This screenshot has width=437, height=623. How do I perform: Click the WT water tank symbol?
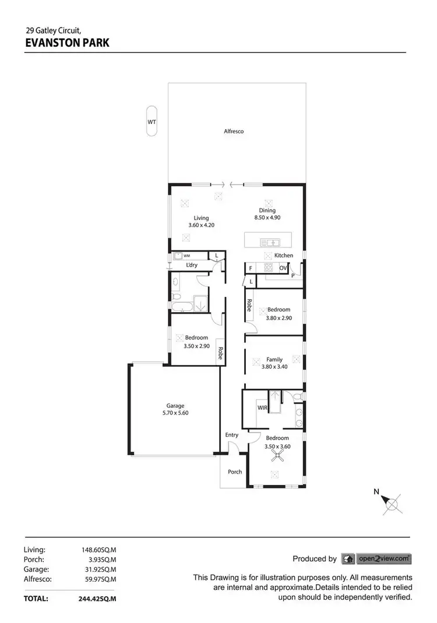click(x=151, y=122)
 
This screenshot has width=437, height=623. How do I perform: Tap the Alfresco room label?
click(x=234, y=132)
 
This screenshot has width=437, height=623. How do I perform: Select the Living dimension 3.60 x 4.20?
click(x=198, y=225)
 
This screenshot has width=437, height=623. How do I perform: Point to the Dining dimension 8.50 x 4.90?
click(x=268, y=218)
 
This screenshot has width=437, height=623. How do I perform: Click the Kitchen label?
click(x=284, y=256)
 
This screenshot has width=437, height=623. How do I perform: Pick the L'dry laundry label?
click(x=192, y=266)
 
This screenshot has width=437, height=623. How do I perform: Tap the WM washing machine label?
click(x=187, y=256)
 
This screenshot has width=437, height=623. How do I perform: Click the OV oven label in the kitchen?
click(x=283, y=268)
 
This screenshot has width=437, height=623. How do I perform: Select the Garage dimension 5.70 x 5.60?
click(x=175, y=413)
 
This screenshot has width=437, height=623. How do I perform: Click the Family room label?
click(x=274, y=359)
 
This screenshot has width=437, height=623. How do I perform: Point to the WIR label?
click(x=262, y=408)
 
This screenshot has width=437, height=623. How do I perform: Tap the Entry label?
click(x=231, y=435)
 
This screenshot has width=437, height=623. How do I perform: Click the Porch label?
click(x=235, y=472)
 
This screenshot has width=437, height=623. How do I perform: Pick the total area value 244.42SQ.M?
click(x=97, y=598)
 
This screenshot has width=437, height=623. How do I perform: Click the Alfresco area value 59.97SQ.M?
click(x=98, y=579)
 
